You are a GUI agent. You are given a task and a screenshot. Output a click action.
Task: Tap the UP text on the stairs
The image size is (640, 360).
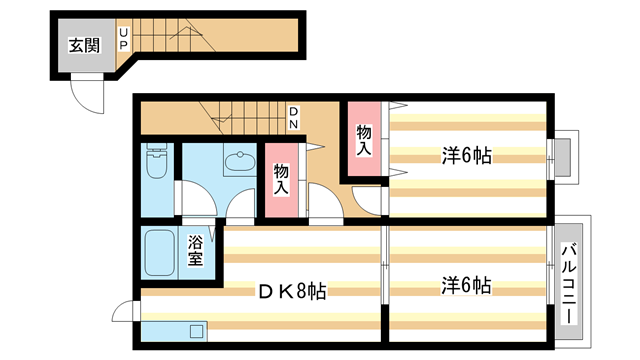123,40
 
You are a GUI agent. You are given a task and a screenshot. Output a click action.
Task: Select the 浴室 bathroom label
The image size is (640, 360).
197,249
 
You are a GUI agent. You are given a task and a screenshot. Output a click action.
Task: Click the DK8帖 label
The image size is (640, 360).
292,291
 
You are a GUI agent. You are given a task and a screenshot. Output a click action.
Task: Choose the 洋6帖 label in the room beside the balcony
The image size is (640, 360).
466,286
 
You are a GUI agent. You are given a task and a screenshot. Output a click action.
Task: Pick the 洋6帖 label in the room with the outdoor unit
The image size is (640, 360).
466,155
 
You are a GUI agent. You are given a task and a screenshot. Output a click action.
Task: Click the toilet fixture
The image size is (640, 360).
156,162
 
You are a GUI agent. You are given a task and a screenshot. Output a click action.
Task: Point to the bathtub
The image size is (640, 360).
160,255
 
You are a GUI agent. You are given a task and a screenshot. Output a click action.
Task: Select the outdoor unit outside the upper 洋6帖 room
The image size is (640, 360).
562,157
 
